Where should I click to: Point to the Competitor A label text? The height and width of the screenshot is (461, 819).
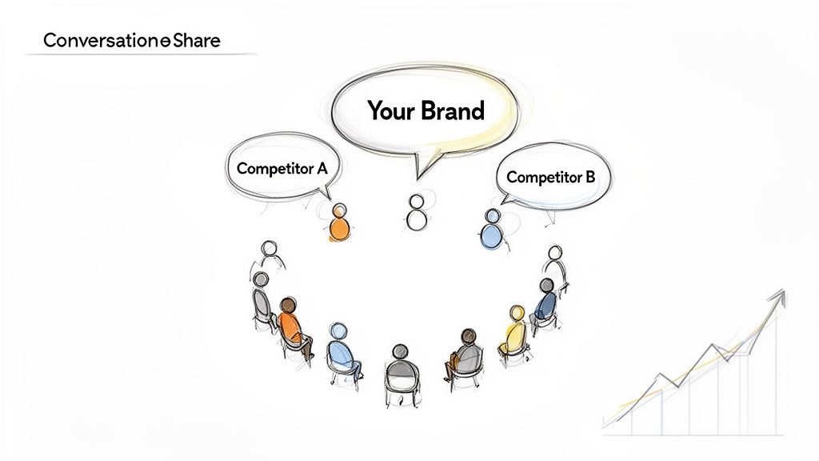(282, 169)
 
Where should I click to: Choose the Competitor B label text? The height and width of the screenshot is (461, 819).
(551, 177)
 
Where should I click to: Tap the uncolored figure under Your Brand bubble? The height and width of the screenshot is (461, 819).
(415, 212)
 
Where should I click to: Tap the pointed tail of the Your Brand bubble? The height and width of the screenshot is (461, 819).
(418, 172)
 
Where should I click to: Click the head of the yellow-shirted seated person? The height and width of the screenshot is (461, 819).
(517, 312)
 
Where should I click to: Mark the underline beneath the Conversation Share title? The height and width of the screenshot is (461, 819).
(140, 54)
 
